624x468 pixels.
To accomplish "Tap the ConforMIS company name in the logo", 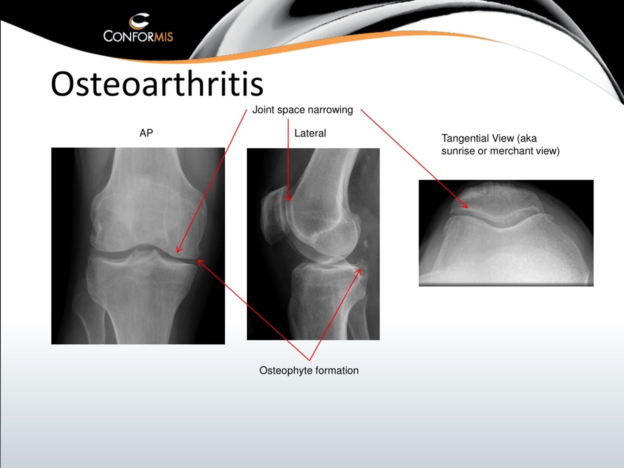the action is pos(138,36).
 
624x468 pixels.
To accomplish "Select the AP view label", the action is pos(146,133).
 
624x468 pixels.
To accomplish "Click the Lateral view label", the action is pos(310,133).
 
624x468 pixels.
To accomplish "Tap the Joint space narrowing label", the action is pos(302,110).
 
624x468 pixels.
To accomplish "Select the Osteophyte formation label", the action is pos(309,370).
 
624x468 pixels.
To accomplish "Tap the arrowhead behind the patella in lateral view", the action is pos(288,198).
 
